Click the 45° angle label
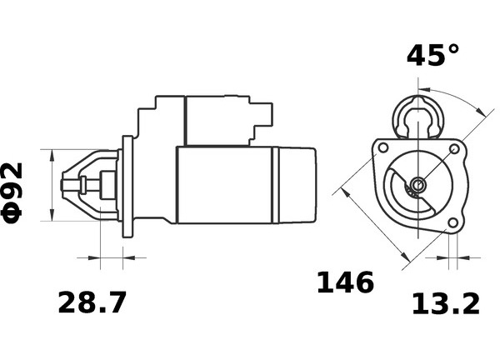[432, 55]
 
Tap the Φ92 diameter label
[12, 192]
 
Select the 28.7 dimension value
[92, 302]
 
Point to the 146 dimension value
[345, 282]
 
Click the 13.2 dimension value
[446, 304]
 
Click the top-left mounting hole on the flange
[383, 148]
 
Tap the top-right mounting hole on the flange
[454, 148]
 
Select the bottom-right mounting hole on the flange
[452, 222]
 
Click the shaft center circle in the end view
[417, 184]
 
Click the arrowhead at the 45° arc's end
[480, 112]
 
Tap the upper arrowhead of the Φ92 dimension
[52, 155]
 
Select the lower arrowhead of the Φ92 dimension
[52, 215]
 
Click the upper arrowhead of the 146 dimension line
[345, 192]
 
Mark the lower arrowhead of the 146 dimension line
[404, 256]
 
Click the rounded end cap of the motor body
[297, 185]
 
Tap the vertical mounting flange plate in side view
[127, 187]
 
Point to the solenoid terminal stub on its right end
[267, 113]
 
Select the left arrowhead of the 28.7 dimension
[94, 257]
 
